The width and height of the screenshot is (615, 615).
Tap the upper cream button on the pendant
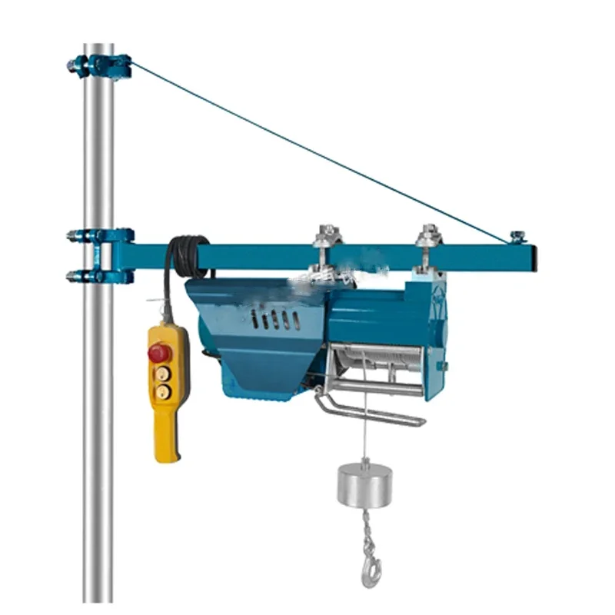[162, 373]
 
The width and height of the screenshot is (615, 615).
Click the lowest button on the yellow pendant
[162, 391]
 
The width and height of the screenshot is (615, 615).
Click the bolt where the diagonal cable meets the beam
[516, 236]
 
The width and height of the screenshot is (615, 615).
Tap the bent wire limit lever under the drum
[369, 411]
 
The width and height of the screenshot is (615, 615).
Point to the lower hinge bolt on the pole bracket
[77, 274]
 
